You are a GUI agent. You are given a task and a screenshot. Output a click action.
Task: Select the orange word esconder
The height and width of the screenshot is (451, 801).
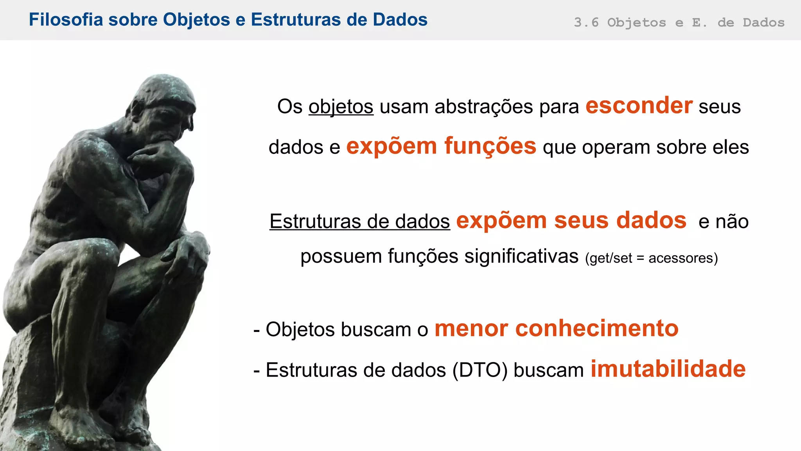pos(639,106)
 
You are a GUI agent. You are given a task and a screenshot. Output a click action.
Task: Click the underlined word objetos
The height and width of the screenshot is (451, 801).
pos(341,107)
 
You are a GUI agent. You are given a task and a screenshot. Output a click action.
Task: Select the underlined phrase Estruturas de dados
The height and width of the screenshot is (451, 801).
pos(359,222)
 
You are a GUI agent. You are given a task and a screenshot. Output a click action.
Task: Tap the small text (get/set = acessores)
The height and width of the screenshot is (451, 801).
pos(651,258)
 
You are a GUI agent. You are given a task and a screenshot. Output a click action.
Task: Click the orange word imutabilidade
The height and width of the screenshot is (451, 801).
pos(668,369)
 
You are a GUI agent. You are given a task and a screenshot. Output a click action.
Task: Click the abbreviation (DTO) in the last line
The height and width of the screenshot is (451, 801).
pos(480,370)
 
